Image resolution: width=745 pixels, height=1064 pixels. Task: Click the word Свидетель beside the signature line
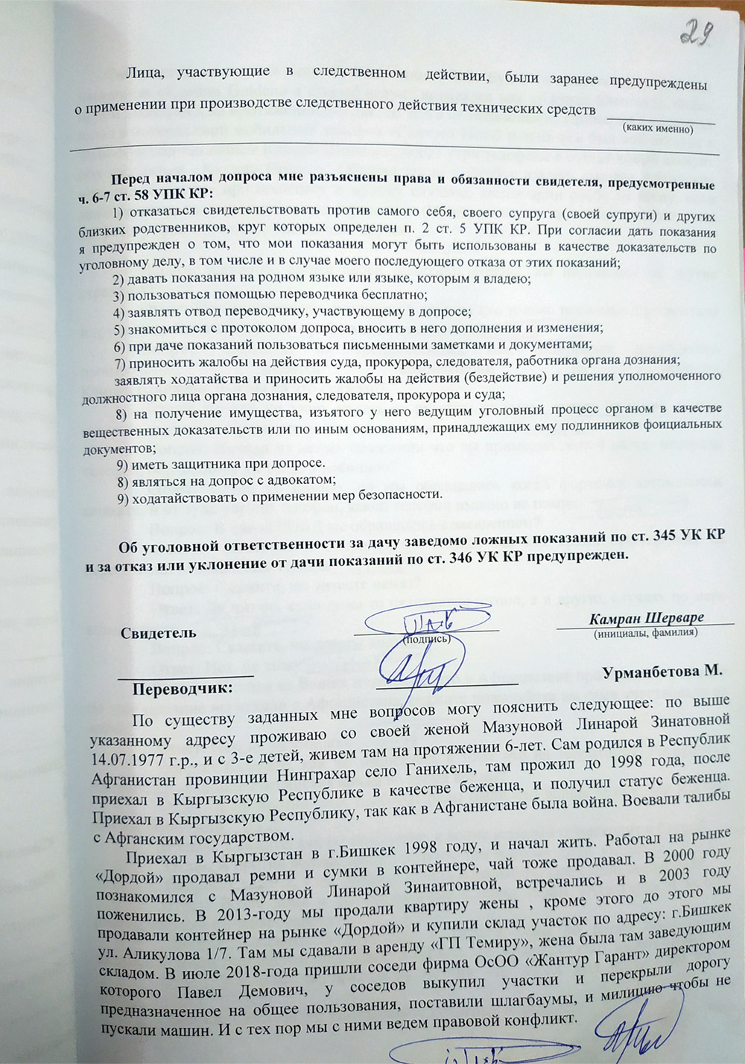tap(159, 633)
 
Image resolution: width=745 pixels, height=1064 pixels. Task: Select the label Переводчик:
tap(183, 689)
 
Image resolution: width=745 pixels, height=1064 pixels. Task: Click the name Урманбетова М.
tap(662, 671)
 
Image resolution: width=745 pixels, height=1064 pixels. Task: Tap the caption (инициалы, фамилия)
tap(645, 633)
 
